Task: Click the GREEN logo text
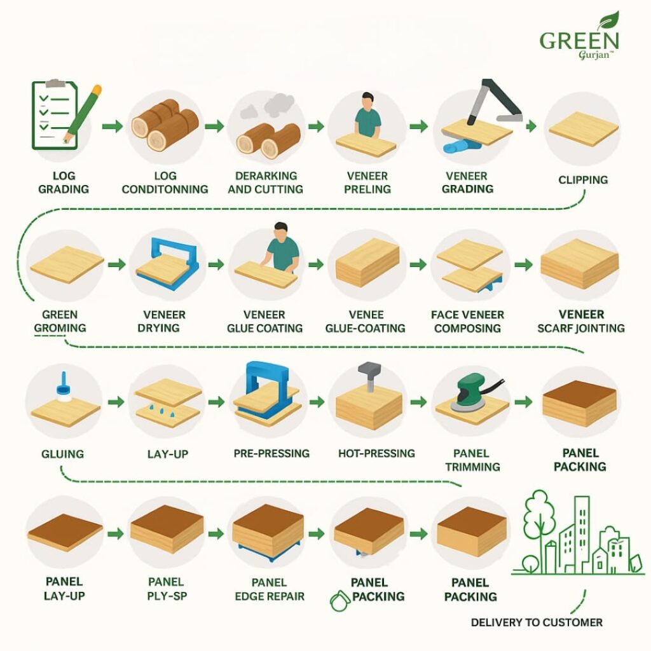pyautogui.click(x=579, y=41)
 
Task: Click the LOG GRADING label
pyautogui.click(x=64, y=182)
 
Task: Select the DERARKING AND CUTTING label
pyautogui.click(x=266, y=182)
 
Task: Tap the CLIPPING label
pyautogui.click(x=583, y=180)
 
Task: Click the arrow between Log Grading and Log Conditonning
pyautogui.click(x=113, y=126)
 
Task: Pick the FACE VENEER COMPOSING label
pyautogui.click(x=467, y=321)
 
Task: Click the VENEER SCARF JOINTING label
pyautogui.click(x=581, y=321)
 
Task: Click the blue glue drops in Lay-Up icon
pyautogui.click(x=162, y=411)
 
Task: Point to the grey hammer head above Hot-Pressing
pyautogui.click(x=369, y=369)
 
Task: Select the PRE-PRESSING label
pyautogui.click(x=271, y=453)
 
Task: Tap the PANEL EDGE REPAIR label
pyautogui.click(x=270, y=589)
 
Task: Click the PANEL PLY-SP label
pyautogui.click(x=167, y=589)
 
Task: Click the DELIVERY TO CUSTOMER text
pyautogui.click(x=537, y=622)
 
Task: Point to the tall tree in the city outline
pyautogui.click(x=539, y=523)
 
